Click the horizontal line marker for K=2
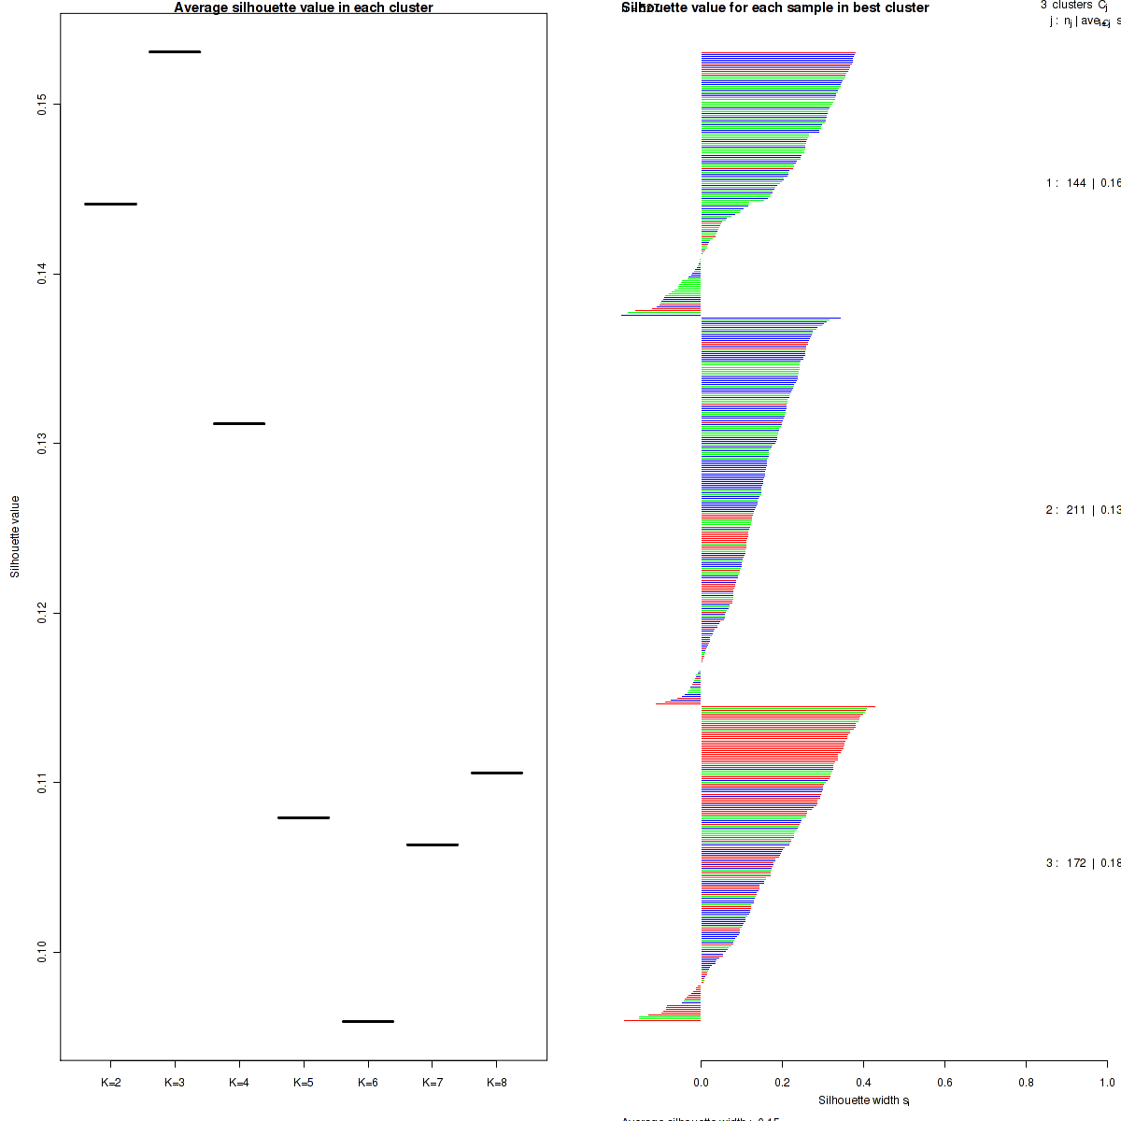(110, 204)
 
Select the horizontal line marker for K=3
(175, 51)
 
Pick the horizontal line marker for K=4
(239, 423)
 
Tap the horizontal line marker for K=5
(304, 817)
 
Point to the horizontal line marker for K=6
(368, 1021)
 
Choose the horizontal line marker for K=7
(433, 844)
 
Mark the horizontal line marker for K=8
(497, 773)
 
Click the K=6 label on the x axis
(368, 1083)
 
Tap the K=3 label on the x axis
(175, 1083)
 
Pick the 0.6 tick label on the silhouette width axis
(944, 1083)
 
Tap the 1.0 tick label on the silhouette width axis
(1107, 1083)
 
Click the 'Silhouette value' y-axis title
(15, 536)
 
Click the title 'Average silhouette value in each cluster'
(304, 7)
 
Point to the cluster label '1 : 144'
(1066, 183)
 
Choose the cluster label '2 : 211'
(1066, 510)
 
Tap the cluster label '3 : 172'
(1066, 863)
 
